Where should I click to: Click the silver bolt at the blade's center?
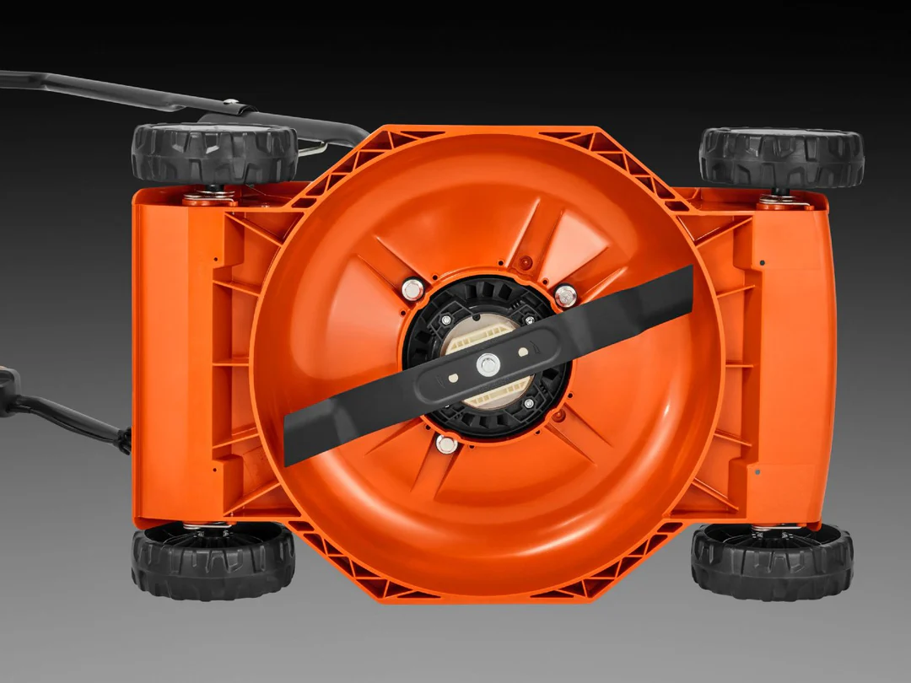tap(488, 364)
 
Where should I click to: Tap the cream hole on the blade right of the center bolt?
tap(523, 351)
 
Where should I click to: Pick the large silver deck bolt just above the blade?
tap(565, 296)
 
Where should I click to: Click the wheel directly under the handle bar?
tap(214, 153)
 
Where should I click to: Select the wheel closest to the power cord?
tap(213, 560)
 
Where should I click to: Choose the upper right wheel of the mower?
tap(781, 157)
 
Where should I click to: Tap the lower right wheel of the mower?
tap(772, 561)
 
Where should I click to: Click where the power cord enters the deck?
tap(125, 438)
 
